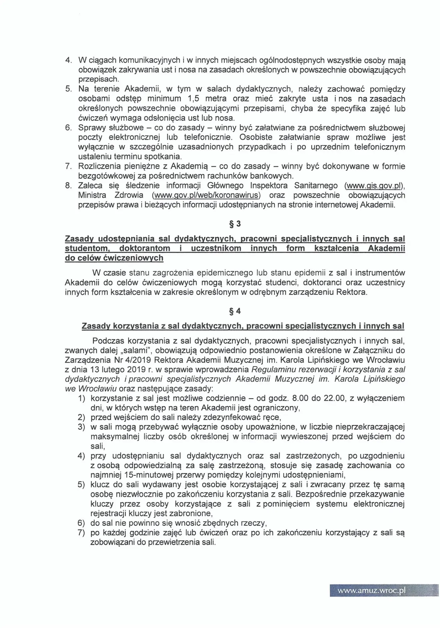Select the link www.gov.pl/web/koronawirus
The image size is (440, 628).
pyautogui.click(x=206, y=195)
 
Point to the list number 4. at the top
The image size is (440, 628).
pyautogui.click(x=69, y=60)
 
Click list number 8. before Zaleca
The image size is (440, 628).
pyautogui.click(x=69, y=186)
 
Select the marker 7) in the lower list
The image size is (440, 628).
pyautogui.click(x=82, y=533)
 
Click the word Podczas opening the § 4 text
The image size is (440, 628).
pyautogui.click(x=108, y=341)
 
